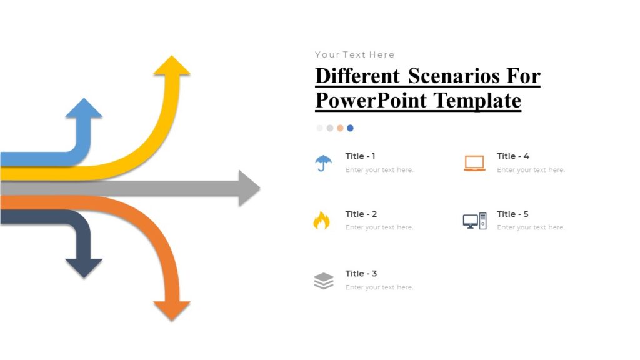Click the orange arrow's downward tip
[x=172, y=317]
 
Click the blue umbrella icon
[x=323, y=162]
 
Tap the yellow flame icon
[x=321, y=221]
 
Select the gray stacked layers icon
[x=323, y=281]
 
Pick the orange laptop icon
[x=474, y=162]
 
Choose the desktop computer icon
[x=474, y=221]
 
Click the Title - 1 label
[x=360, y=156]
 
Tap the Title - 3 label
[x=361, y=274]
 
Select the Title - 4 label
[x=512, y=156]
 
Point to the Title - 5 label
[x=512, y=214]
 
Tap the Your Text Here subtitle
[x=354, y=54]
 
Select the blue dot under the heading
[x=350, y=128]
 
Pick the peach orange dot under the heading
[x=340, y=128]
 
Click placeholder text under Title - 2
[x=379, y=227]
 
